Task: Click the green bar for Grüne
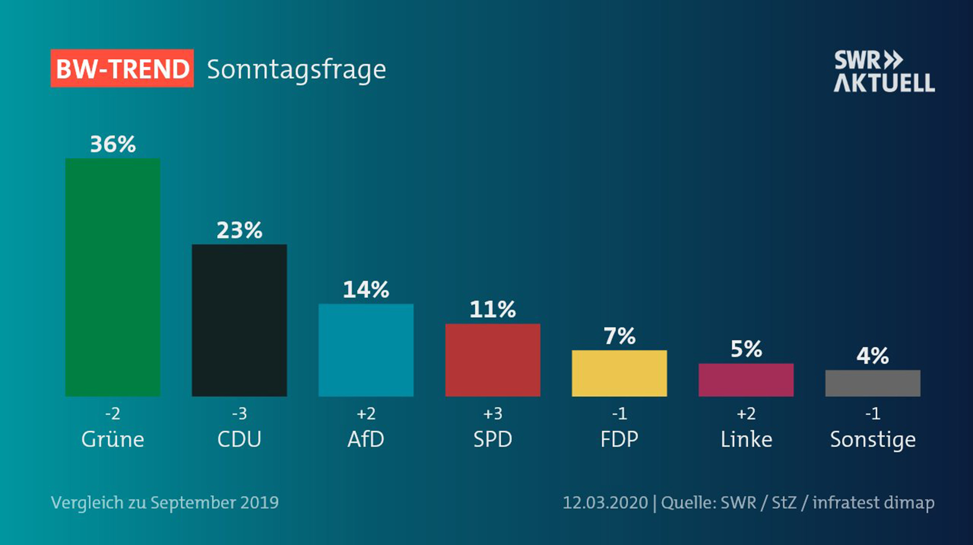pyautogui.click(x=113, y=277)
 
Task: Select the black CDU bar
pyautogui.click(x=239, y=320)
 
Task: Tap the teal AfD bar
pyautogui.click(x=366, y=350)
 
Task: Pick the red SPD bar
pyautogui.click(x=493, y=360)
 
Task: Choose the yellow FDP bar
pyautogui.click(x=619, y=373)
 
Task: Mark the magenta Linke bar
pyautogui.click(x=746, y=380)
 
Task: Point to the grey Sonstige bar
pyautogui.click(x=873, y=383)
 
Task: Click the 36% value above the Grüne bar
pyautogui.click(x=113, y=144)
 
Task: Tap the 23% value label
pyautogui.click(x=239, y=230)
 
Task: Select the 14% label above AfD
pyautogui.click(x=366, y=290)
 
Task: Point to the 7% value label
pyautogui.click(x=619, y=336)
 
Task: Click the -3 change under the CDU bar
pyautogui.click(x=239, y=414)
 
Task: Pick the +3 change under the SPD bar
pyautogui.click(x=493, y=414)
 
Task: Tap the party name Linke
pyautogui.click(x=746, y=440)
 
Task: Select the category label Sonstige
pyautogui.click(x=873, y=440)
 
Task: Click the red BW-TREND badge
pyautogui.click(x=122, y=68)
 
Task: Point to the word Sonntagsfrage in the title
pyautogui.click(x=297, y=70)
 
